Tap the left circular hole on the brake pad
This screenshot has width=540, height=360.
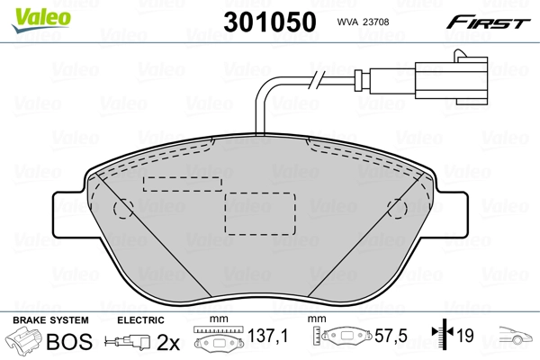coord(121,210)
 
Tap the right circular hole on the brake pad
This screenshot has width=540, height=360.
coord(395,210)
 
